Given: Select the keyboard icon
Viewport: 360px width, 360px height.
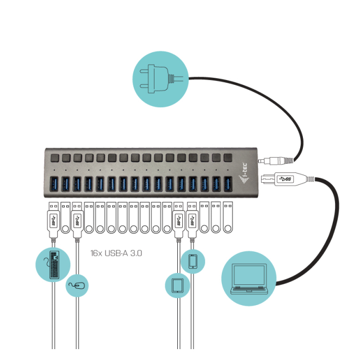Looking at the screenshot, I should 54,265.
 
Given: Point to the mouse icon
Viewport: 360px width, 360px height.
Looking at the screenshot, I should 77,284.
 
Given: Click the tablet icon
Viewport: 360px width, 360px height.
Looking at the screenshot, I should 177,285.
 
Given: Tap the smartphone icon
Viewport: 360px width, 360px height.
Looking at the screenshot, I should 193,262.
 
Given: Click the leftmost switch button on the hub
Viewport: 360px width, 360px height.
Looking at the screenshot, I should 54,158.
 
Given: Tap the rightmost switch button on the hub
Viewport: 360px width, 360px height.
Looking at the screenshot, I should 227,158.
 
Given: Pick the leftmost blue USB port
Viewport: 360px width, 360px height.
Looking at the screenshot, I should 54,183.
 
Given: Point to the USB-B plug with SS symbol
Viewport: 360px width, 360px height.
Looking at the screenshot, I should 285,178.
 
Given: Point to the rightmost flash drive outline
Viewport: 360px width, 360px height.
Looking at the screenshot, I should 228,218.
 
